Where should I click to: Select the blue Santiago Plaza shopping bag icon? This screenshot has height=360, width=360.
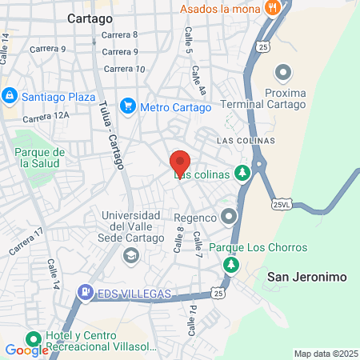10,95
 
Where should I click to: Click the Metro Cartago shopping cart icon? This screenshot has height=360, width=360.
127,106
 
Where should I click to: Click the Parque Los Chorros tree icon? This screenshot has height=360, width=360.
231,264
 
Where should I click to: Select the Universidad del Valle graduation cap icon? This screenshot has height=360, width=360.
130,256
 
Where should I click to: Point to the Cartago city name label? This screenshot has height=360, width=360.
90,17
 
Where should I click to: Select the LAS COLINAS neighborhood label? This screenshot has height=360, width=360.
246,140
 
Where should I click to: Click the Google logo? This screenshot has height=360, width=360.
26,350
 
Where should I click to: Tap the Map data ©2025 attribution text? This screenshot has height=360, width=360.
324,354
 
